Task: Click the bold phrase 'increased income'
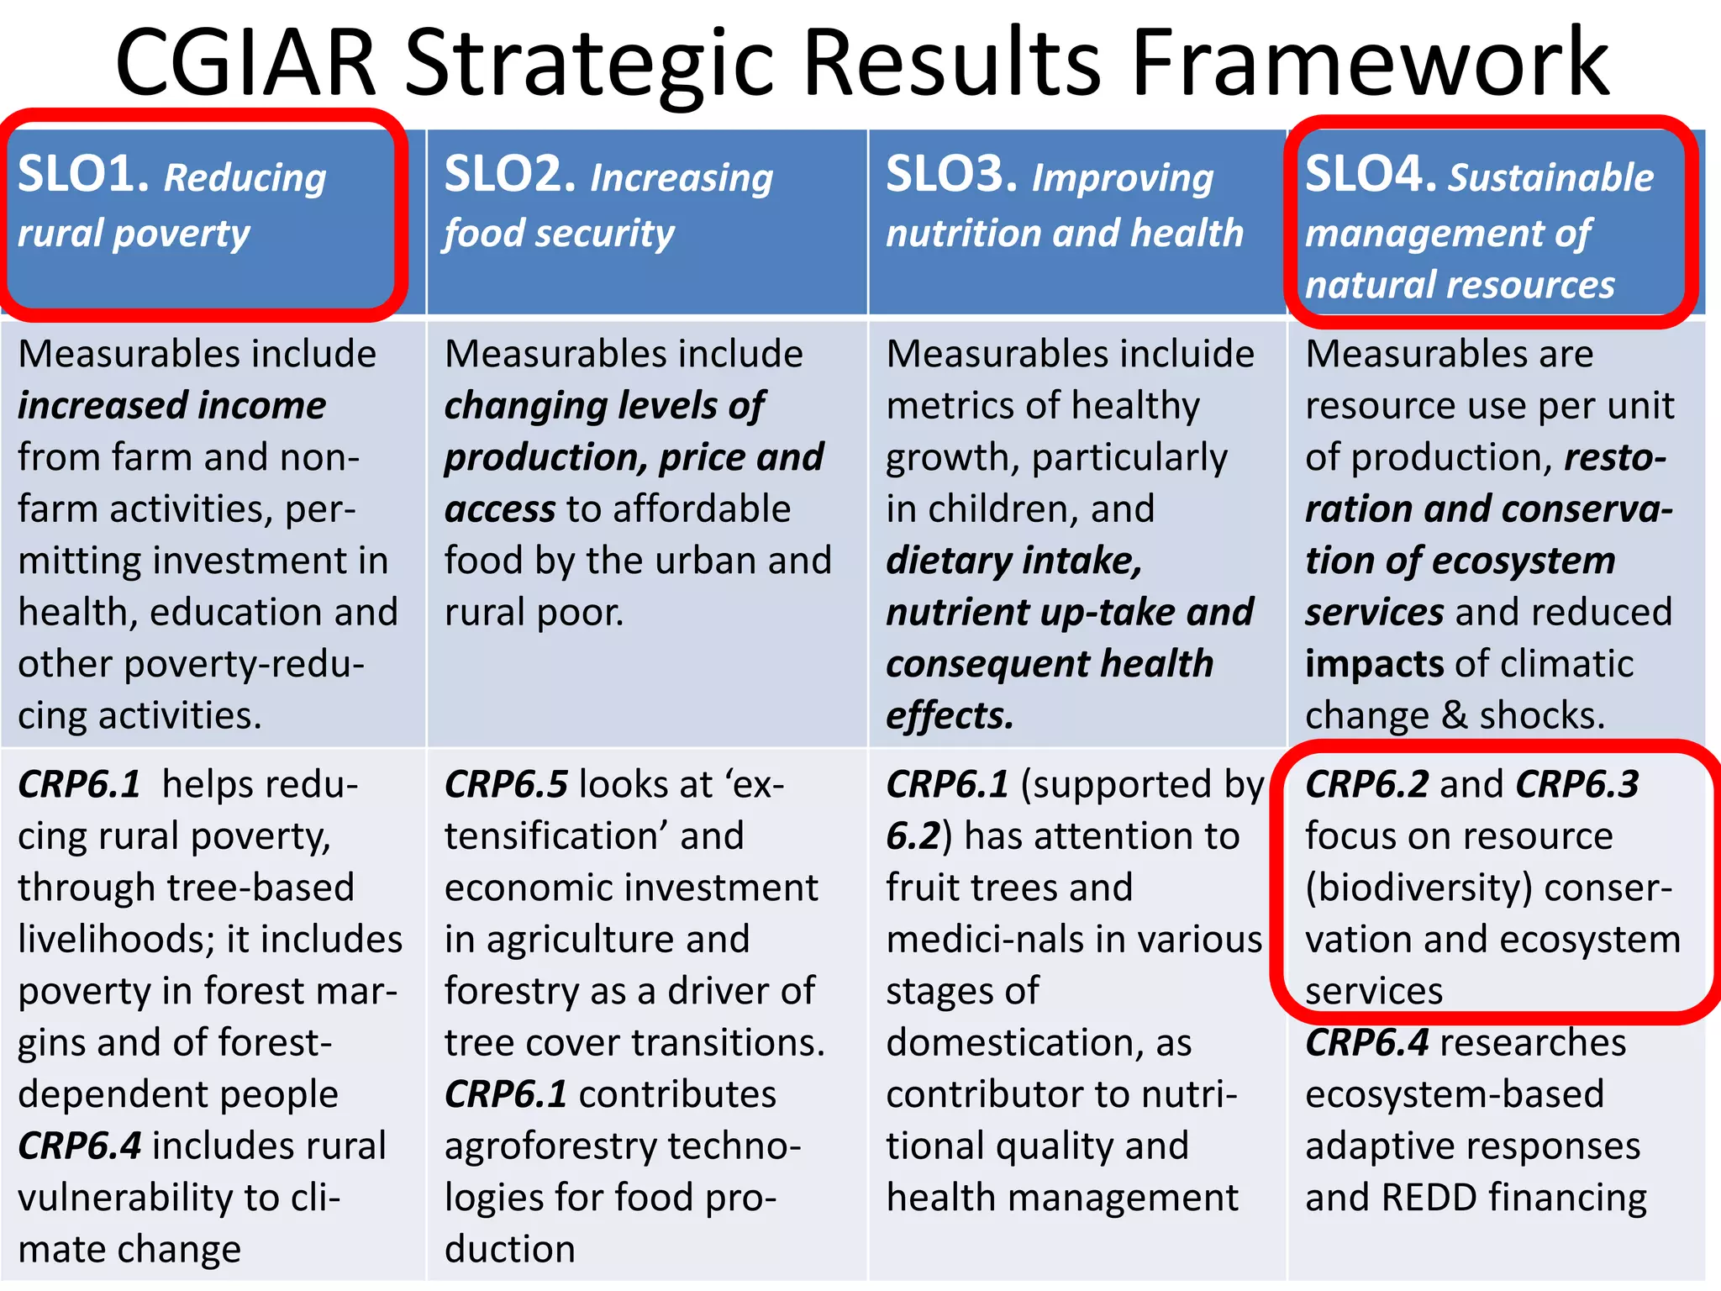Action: tap(172, 406)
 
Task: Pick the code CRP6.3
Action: tap(1577, 784)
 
